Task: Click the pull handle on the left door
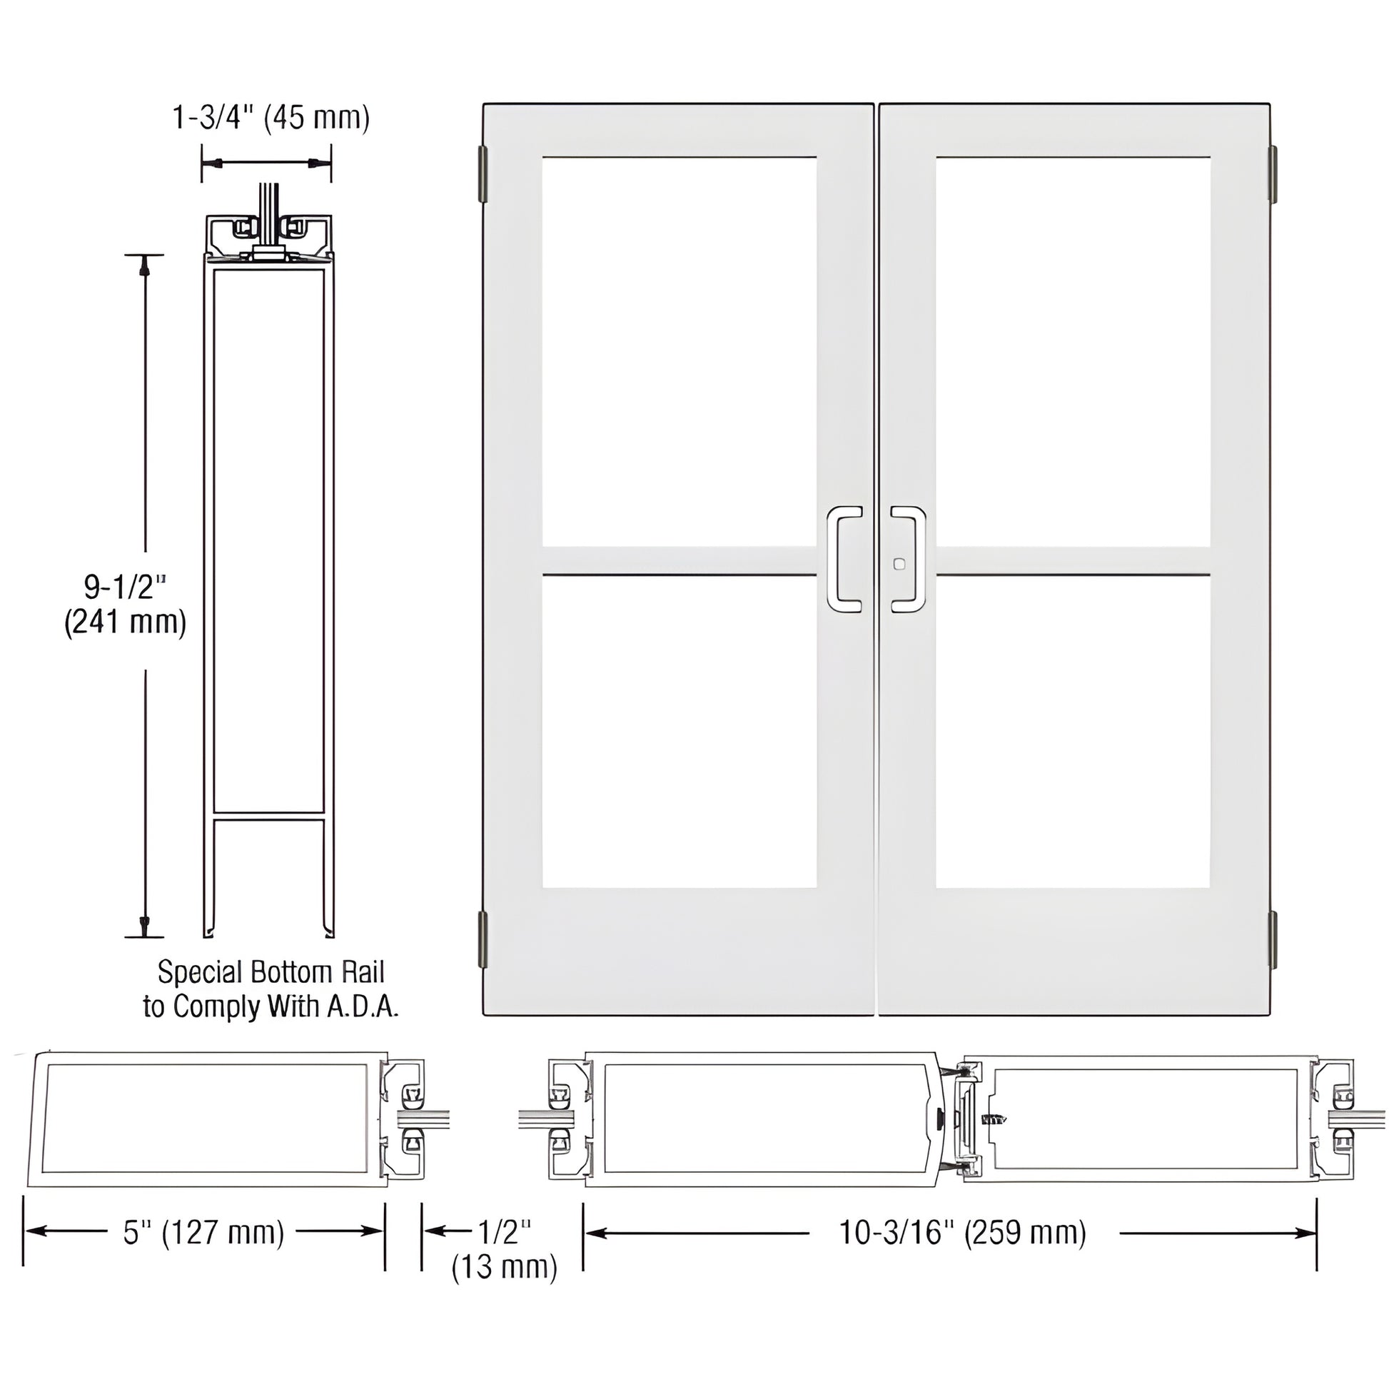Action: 845,560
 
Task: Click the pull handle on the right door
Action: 908,560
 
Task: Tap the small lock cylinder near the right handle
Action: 897,565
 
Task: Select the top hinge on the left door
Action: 484,175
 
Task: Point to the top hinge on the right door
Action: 1272,175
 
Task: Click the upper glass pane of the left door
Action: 680,353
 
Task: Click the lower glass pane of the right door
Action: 1073,732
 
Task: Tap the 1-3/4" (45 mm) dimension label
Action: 271,117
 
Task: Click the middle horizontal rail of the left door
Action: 680,561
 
